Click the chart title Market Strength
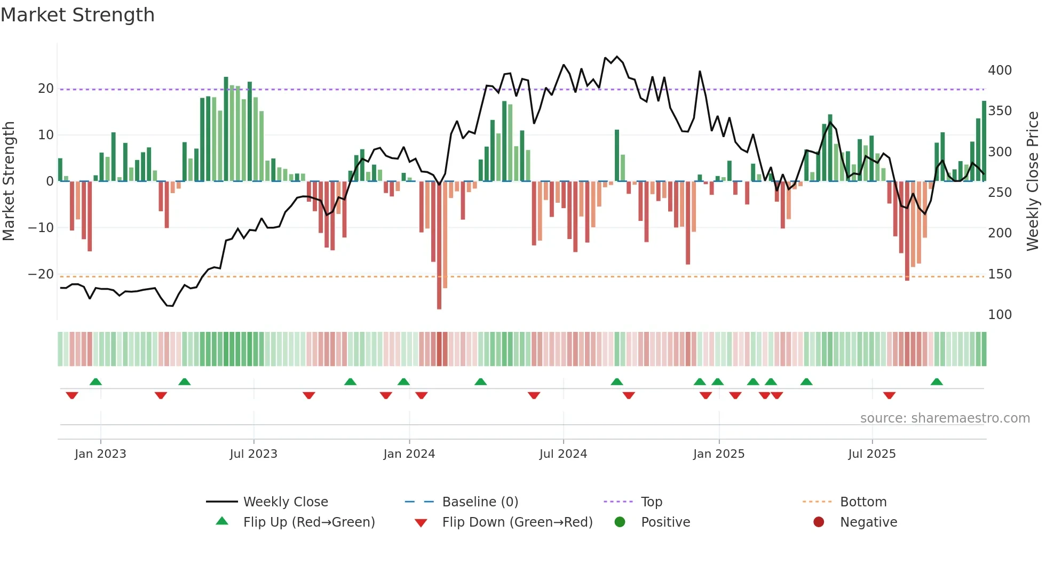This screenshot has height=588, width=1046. (x=77, y=15)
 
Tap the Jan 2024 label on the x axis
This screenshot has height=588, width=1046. (x=409, y=454)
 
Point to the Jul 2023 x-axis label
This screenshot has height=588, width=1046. (x=253, y=454)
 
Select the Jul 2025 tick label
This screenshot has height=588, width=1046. (x=871, y=454)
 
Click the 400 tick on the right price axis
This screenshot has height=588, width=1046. (x=1000, y=70)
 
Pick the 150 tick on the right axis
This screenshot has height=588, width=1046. (x=1000, y=274)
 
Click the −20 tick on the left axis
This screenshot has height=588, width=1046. (x=41, y=274)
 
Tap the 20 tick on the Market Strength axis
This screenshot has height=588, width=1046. (x=45, y=89)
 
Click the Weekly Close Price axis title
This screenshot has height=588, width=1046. (x=1033, y=181)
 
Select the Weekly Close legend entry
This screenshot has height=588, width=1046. (x=285, y=502)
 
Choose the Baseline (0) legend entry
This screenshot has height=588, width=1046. (x=480, y=502)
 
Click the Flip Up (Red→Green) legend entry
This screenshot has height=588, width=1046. (x=308, y=522)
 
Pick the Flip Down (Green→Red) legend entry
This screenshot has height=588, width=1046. (x=517, y=522)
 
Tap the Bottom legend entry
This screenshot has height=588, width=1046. (x=863, y=502)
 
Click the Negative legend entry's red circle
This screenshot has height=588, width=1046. (x=818, y=522)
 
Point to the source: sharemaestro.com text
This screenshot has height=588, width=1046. (x=945, y=418)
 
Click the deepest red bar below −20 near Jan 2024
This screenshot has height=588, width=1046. (x=439, y=245)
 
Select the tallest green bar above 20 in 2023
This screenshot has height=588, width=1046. (x=226, y=128)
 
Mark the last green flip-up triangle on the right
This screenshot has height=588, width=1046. (x=937, y=382)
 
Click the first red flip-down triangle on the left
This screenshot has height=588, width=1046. (x=72, y=395)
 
